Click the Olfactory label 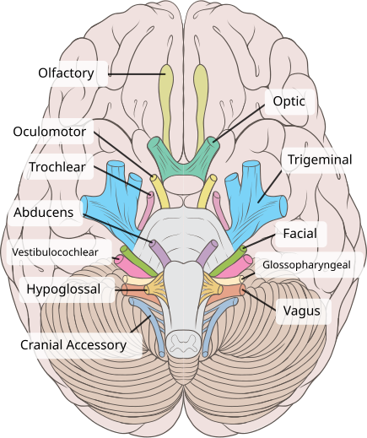[x=65, y=73]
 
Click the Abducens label [x=43, y=212]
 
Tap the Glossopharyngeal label [x=311, y=266]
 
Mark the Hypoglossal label [x=63, y=290]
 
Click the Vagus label [x=300, y=311]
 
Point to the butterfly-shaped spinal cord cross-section [x=183, y=341]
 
